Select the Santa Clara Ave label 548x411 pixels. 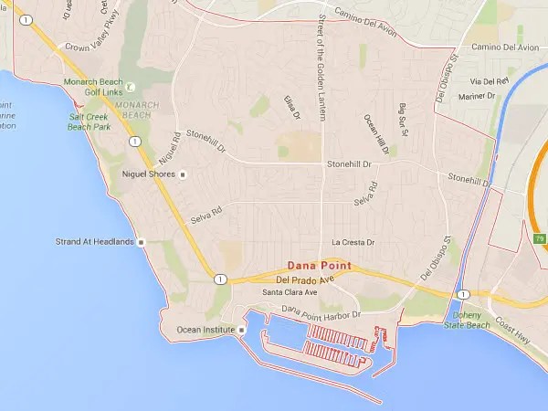tap(290, 292)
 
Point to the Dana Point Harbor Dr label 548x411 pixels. tap(322, 313)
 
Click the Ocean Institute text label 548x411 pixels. tap(199, 329)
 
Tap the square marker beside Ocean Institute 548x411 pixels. tap(242, 329)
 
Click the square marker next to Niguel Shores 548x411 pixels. tap(183, 174)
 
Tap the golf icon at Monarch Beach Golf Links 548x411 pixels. tap(130, 88)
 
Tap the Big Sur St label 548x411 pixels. tap(403, 121)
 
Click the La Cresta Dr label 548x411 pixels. tap(353, 243)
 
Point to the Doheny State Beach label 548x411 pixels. tap(466, 320)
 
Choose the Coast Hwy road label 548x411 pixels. tap(515, 333)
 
